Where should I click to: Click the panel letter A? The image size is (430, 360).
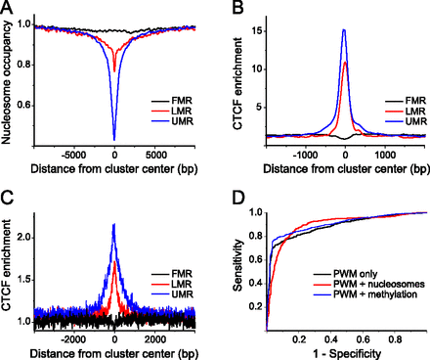(8, 9)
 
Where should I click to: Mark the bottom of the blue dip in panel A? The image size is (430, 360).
(114, 139)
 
